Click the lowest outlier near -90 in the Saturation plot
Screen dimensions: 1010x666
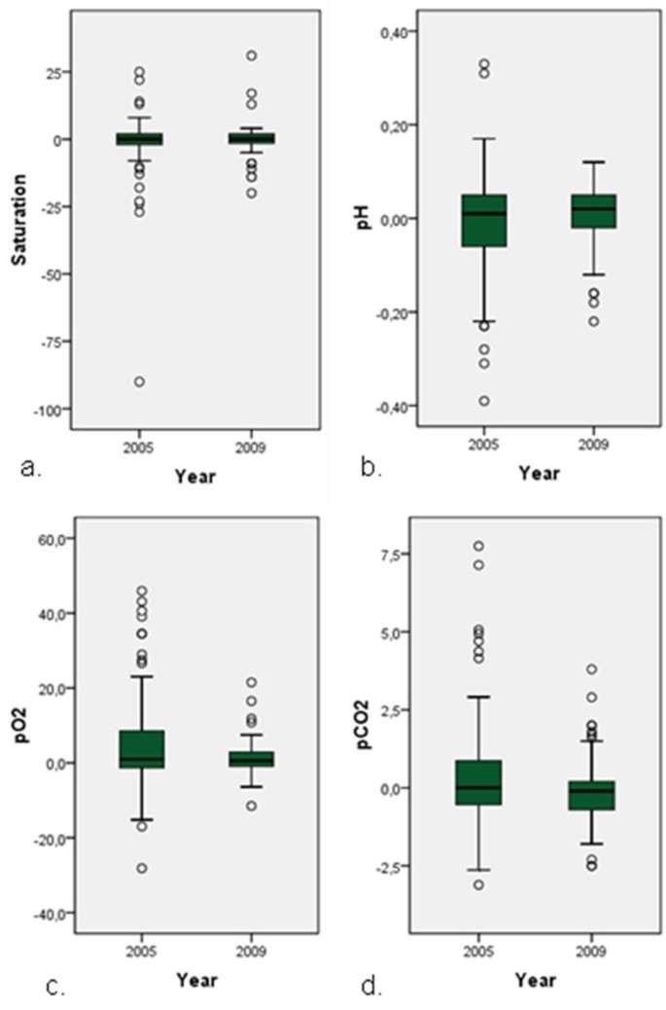click(140, 381)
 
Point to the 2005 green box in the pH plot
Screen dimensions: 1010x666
click(483, 221)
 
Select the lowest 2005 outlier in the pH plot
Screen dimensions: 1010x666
click(483, 401)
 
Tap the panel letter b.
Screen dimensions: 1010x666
click(370, 473)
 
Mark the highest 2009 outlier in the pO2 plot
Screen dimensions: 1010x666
click(251, 682)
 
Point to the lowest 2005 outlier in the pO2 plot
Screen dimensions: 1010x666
click(141, 868)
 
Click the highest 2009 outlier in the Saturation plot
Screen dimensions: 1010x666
click(251, 55)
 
